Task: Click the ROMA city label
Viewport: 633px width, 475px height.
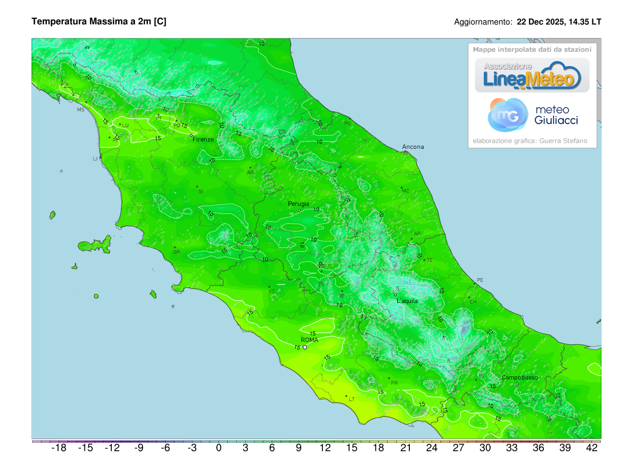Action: (309, 340)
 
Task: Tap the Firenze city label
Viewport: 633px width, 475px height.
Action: (203, 139)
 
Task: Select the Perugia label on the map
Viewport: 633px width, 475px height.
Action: (299, 204)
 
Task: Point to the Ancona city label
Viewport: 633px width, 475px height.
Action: (413, 147)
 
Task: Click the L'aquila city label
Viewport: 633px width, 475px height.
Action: (407, 301)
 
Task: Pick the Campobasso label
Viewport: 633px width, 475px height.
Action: (520, 377)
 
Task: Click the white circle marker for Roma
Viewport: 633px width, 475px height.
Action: (305, 347)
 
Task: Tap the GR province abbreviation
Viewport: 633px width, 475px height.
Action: (177, 252)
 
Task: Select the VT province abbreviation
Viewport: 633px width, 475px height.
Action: (272, 291)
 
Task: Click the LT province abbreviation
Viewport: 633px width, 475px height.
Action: (352, 400)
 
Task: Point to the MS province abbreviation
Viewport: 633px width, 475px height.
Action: (81, 110)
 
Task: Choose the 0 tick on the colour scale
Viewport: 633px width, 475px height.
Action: (218, 448)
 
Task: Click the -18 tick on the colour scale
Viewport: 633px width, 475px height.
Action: (59, 448)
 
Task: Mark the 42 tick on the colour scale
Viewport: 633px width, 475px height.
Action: (591, 448)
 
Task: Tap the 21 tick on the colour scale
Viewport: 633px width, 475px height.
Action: (405, 448)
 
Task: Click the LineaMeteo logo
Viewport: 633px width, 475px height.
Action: (532, 75)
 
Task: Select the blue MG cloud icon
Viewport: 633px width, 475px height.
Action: (508, 115)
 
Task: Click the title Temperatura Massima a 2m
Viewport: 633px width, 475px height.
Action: (99, 22)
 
